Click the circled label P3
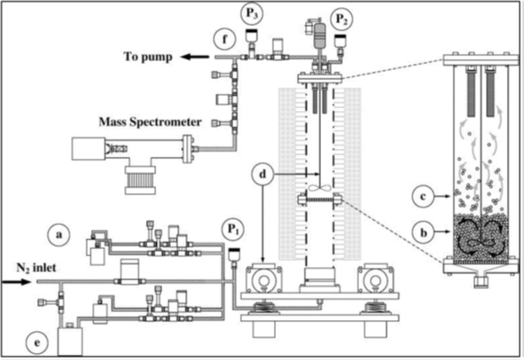(x=252, y=14)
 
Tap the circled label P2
(x=341, y=20)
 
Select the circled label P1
(x=233, y=230)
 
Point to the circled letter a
(x=59, y=235)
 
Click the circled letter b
(x=423, y=232)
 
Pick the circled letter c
(x=423, y=197)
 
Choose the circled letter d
(x=263, y=174)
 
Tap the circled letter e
(x=37, y=343)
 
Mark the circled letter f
(x=224, y=39)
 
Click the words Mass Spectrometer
(x=150, y=121)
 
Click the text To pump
(x=148, y=57)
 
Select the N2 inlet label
(x=36, y=268)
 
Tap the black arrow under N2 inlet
(x=16, y=282)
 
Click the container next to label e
(x=70, y=341)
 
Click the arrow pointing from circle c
(x=442, y=197)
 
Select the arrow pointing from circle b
(x=442, y=231)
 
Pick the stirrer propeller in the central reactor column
(x=320, y=188)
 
